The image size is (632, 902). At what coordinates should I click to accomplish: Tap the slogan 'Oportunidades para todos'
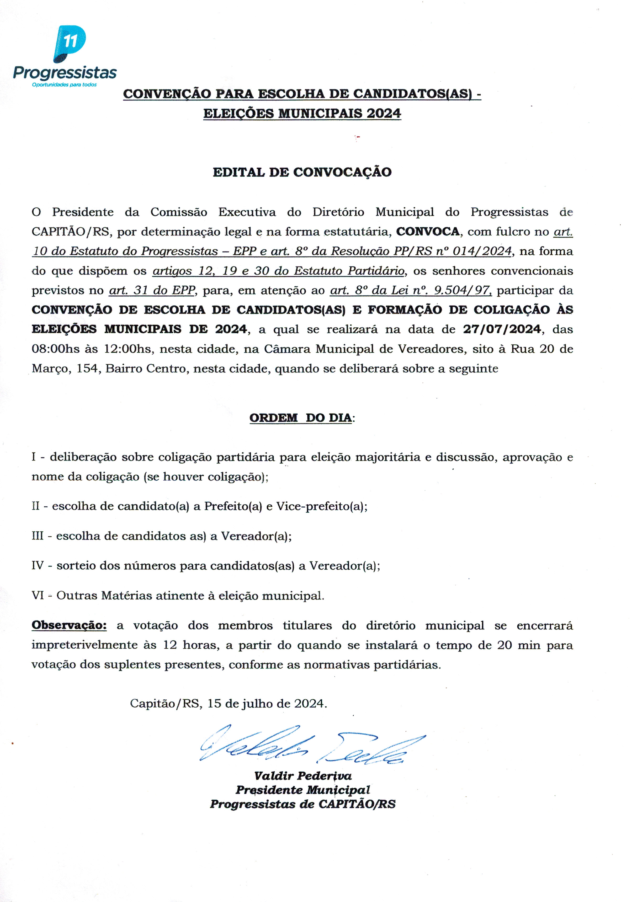pyautogui.click(x=64, y=85)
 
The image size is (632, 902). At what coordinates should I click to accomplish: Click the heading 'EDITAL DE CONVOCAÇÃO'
pyautogui.click(x=302, y=172)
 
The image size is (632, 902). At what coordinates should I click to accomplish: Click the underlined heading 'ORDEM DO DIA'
pyautogui.click(x=301, y=418)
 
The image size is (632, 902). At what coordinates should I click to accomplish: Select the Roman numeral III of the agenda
pyautogui.click(x=38, y=536)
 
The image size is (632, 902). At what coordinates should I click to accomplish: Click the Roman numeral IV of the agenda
pyautogui.click(x=38, y=566)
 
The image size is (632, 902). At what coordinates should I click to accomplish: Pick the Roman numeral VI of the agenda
pyautogui.click(x=38, y=596)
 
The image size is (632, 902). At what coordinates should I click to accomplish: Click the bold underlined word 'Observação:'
pyautogui.click(x=69, y=625)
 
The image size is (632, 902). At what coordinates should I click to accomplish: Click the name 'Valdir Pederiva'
pyautogui.click(x=303, y=776)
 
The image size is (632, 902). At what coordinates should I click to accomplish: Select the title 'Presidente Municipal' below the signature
pyautogui.click(x=303, y=790)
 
